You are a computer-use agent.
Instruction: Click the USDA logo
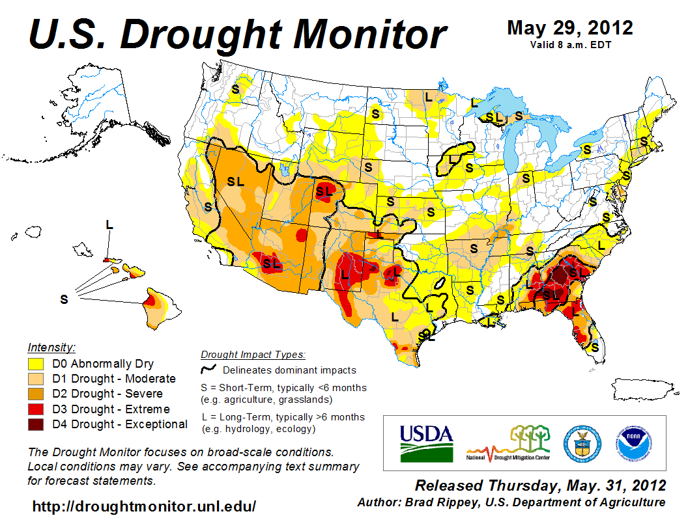[425, 443]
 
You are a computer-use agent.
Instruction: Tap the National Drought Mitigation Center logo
[509, 443]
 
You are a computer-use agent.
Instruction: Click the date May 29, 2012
[569, 28]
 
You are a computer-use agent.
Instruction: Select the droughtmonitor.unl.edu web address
[144, 506]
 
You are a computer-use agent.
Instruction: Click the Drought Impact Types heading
[252, 355]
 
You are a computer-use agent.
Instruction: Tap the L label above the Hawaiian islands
[109, 225]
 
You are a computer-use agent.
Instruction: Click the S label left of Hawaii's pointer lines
[64, 299]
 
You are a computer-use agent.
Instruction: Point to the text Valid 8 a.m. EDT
[569, 45]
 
